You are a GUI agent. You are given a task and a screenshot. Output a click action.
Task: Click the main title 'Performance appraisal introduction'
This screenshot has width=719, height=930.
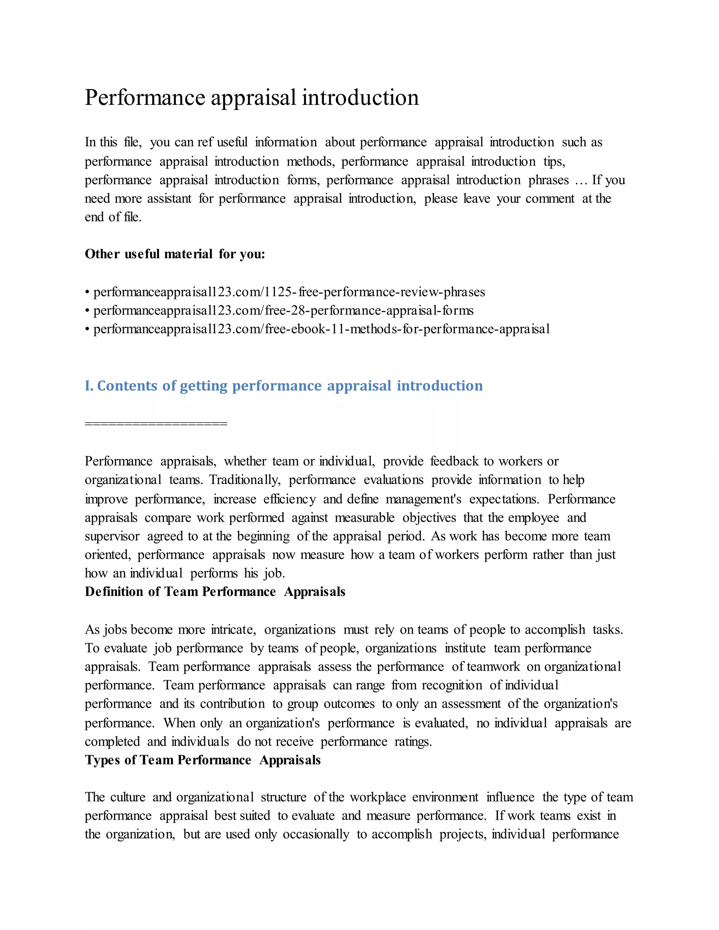(x=251, y=98)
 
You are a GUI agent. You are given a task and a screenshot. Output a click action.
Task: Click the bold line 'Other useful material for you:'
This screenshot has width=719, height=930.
(x=174, y=254)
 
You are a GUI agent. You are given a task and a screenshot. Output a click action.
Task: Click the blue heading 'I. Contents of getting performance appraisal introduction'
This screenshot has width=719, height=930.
(x=284, y=386)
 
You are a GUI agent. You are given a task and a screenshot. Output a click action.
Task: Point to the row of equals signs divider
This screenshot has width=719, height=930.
(x=156, y=424)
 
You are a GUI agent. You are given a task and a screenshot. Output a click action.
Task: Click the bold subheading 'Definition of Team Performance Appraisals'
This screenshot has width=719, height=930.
(x=215, y=592)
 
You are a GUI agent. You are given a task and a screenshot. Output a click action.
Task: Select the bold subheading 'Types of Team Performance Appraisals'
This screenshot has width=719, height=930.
(x=202, y=760)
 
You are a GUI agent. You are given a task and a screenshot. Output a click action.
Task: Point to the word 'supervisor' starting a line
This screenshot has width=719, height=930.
(x=112, y=536)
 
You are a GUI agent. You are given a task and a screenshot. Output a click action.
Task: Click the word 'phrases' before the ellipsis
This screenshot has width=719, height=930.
(x=548, y=180)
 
